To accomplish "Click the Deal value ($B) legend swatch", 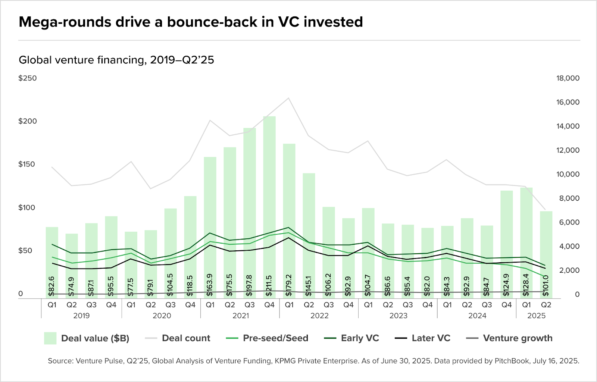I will point(50,338).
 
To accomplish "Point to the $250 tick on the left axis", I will point(28,78).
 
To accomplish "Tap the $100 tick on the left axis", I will point(28,208).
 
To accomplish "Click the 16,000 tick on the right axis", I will point(568,102).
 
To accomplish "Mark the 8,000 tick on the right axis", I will point(569,198).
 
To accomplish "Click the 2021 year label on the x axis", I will point(241,316).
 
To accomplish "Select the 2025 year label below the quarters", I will point(536,316).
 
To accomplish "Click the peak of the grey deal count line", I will point(288,98).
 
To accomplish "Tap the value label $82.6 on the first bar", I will point(51,286).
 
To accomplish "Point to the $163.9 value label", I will point(210,285).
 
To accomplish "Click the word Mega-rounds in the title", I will point(65,22).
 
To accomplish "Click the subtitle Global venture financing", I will point(82,60).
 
